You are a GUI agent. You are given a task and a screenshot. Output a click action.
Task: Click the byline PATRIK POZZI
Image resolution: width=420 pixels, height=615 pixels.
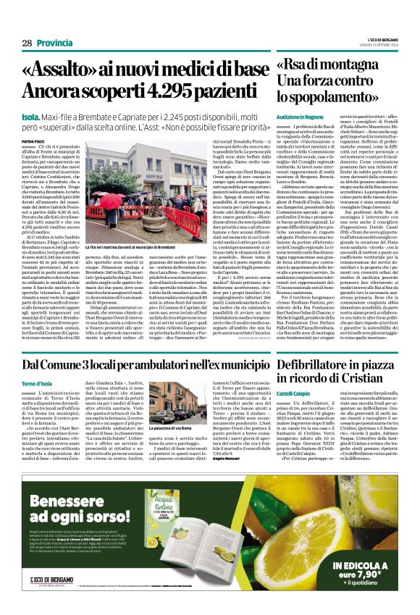(32, 141)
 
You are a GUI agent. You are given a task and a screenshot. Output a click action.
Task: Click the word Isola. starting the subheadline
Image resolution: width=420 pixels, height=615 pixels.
(32, 115)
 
